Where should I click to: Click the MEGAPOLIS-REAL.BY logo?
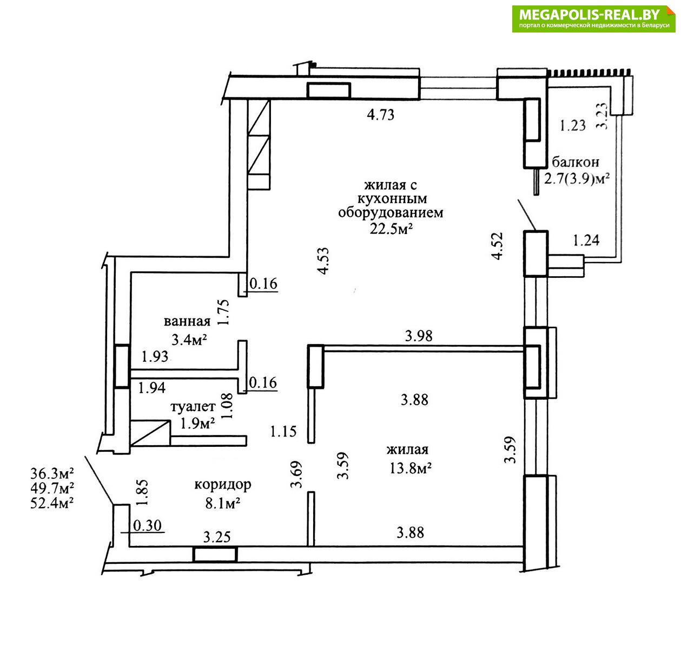tap(593, 19)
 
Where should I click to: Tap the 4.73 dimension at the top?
tap(380, 115)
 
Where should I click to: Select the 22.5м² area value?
tap(391, 229)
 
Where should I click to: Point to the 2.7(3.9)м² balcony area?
tap(577, 179)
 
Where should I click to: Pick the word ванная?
tap(187, 321)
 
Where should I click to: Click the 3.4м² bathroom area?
tap(189, 340)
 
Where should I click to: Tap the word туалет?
tap(193, 406)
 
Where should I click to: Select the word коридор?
tap(223, 485)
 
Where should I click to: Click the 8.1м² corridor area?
tap(223, 503)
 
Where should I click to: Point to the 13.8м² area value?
tap(411, 469)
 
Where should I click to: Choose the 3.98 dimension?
tap(419, 336)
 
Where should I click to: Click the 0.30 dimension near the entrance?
tap(148, 525)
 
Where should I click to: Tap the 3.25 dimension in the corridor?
tap(217, 537)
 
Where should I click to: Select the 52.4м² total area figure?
tap(52, 503)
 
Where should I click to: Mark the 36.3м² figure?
tap(52, 473)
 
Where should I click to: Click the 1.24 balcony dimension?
tap(586, 240)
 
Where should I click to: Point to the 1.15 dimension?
tap(283, 432)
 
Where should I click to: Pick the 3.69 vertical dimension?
tap(296, 474)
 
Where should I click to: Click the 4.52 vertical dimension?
tap(497, 246)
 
